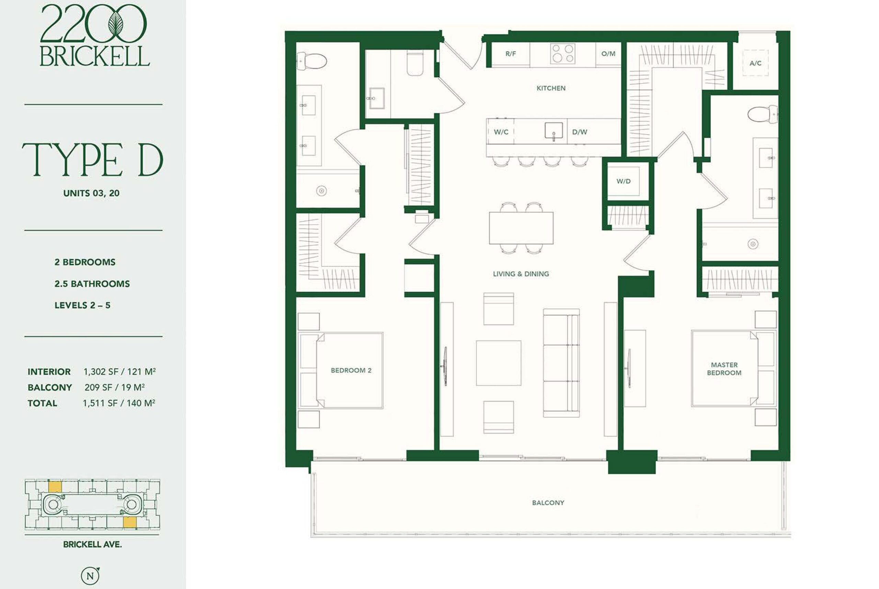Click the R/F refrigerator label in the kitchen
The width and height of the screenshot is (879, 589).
tap(510, 54)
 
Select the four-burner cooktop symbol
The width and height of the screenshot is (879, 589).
tap(562, 54)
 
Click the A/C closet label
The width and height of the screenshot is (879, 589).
tap(755, 63)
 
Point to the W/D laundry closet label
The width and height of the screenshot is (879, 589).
tap(624, 181)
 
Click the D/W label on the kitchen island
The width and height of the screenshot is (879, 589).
tap(580, 132)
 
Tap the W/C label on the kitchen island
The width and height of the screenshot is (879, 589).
tap(501, 132)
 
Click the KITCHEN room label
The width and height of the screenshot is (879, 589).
tap(551, 88)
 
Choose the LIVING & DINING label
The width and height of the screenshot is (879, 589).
tap(521, 274)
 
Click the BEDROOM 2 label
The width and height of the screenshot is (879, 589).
tap(351, 370)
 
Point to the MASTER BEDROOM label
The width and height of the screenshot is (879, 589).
tap(724, 369)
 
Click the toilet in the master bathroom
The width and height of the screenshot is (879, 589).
tap(763, 114)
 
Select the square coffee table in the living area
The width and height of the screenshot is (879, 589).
tap(499, 363)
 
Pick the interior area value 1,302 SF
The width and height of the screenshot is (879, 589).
tap(101, 372)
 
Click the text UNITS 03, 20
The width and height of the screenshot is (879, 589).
tap(91, 193)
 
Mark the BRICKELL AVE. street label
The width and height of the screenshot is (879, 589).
tap(92, 545)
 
